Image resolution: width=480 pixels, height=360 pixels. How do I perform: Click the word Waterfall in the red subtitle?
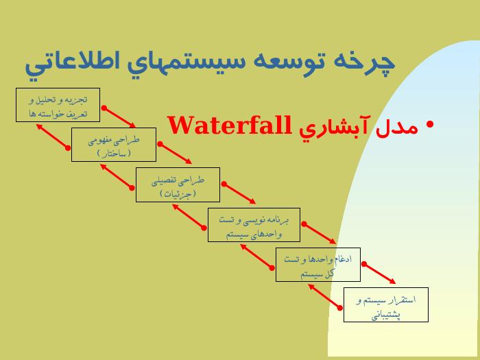pos(230,125)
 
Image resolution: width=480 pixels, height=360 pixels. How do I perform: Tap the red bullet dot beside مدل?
pos(430,124)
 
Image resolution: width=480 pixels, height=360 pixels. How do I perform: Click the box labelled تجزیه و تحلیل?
pos(58,105)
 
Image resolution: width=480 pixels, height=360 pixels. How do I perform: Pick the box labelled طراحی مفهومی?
pos(114,145)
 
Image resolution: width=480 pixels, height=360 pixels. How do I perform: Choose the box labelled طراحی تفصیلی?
pos(178,184)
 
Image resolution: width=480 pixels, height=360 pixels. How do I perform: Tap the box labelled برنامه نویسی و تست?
pos(254,225)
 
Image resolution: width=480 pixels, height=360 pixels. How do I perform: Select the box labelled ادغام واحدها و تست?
pos(318,265)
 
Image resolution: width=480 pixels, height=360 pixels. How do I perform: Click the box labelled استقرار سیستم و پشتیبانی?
pos(385,305)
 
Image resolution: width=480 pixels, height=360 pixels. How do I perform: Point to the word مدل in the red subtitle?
pos(397,128)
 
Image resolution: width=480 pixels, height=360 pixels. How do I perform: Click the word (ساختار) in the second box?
pos(114,153)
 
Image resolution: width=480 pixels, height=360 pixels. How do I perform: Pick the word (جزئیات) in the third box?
pos(178,193)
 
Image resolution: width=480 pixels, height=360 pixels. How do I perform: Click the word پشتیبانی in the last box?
pos(386,315)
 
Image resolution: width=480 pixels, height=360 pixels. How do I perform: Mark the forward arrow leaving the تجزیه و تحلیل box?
pos(120,117)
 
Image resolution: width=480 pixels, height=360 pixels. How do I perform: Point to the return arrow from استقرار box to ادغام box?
pos(325,297)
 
